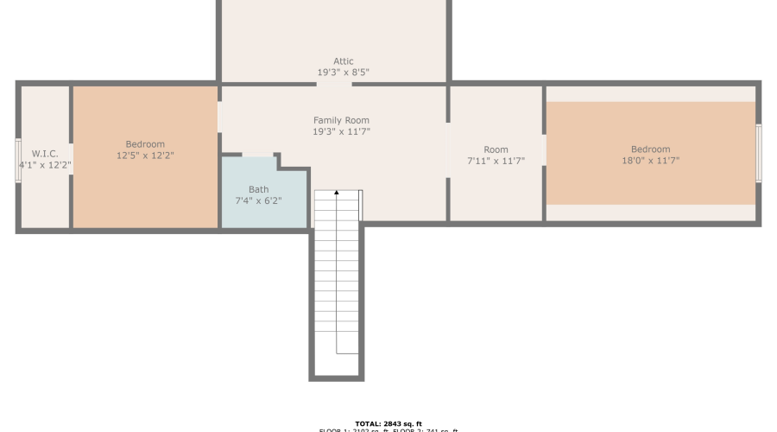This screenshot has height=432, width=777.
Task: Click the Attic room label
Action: (344, 61)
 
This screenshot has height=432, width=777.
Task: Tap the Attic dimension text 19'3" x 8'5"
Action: (344, 73)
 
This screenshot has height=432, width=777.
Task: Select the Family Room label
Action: (341, 120)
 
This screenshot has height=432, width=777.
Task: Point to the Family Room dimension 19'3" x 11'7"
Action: (341, 132)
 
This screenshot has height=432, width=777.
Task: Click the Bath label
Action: (258, 189)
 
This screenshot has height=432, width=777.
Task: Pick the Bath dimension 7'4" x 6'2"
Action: (258, 200)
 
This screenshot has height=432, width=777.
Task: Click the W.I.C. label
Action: (45, 153)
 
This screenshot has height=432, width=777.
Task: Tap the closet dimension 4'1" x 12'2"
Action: (45, 164)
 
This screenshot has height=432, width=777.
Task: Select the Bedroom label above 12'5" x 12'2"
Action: (145, 144)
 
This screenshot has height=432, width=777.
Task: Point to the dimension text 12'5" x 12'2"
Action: (145, 156)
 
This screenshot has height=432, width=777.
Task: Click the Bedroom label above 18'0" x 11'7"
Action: (650, 149)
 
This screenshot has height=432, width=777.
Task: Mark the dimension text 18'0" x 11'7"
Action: (650, 161)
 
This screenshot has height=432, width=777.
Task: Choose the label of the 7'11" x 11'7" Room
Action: (496, 149)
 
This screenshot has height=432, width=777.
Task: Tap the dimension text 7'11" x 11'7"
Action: (496, 161)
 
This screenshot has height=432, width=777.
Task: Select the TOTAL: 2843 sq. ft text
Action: (388, 423)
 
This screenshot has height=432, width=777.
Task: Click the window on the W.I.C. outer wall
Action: (18, 160)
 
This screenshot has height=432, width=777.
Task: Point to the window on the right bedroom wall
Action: (759, 153)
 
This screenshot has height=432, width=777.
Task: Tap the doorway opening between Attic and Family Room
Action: (334, 84)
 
